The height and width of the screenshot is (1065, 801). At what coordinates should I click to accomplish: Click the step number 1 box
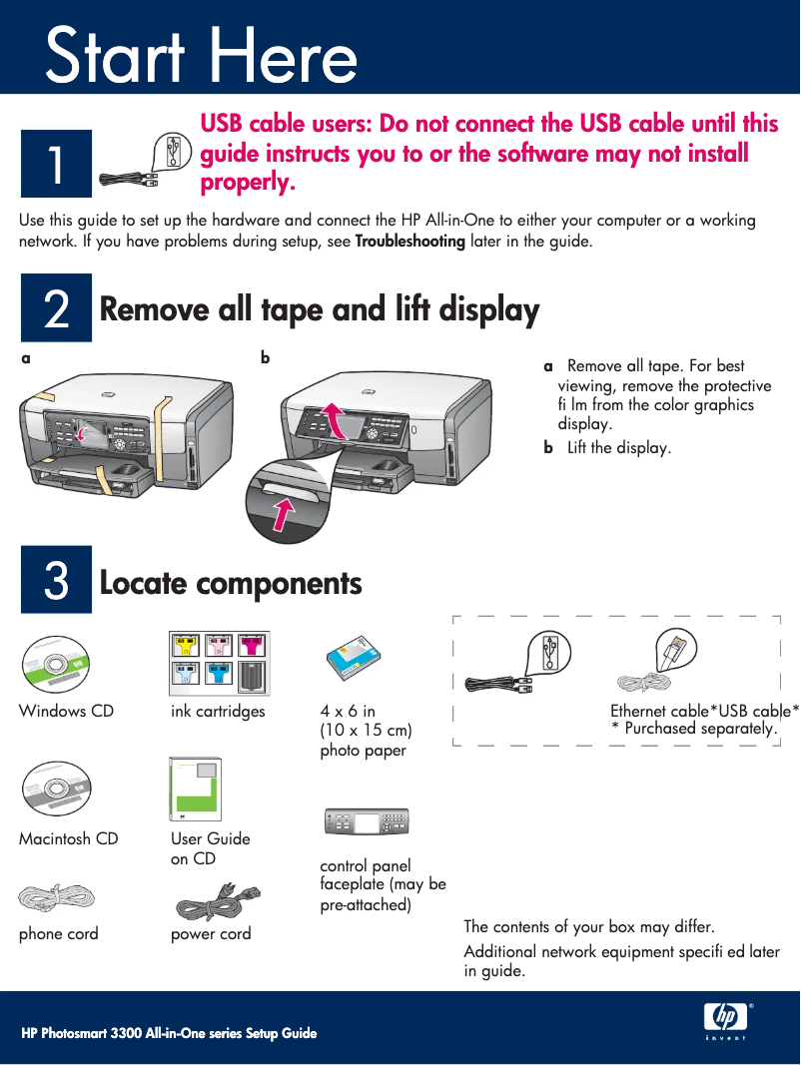pyautogui.click(x=56, y=164)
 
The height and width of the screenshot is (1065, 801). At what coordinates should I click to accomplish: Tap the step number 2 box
pyautogui.click(x=56, y=307)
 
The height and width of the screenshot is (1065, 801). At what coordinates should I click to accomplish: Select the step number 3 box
pyautogui.click(x=56, y=579)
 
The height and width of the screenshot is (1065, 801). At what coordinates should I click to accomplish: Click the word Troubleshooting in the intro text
pyautogui.click(x=409, y=242)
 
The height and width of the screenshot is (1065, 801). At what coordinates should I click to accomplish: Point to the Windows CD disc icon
pyautogui.click(x=56, y=665)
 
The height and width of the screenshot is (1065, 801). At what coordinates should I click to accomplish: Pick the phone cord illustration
pyautogui.click(x=56, y=898)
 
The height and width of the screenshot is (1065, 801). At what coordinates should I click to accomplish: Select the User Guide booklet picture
pyautogui.click(x=195, y=790)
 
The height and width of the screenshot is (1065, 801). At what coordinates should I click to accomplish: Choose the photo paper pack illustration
pyautogui.click(x=354, y=658)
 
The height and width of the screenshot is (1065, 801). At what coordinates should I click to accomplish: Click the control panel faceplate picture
pyautogui.click(x=367, y=822)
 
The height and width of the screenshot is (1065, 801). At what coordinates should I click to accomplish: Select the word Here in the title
pyautogui.click(x=283, y=56)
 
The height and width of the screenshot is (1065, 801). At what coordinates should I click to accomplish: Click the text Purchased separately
pyautogui.click(x=700, y=729)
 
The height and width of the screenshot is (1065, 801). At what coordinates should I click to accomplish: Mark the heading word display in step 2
pyautogui.click(x=489, y=311)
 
